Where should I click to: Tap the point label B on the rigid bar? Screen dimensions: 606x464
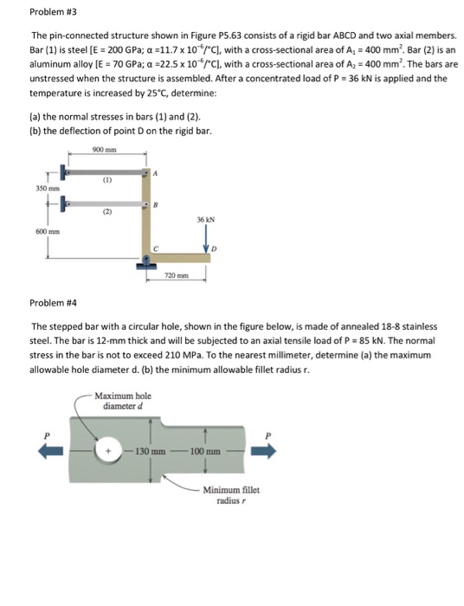[x=156, y=205]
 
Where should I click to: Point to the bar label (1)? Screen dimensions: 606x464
[x=106, y=182]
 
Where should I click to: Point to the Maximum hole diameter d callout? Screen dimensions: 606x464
[x=128, y=400]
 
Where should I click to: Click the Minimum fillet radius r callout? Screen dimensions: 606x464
[x=228, y=495]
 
